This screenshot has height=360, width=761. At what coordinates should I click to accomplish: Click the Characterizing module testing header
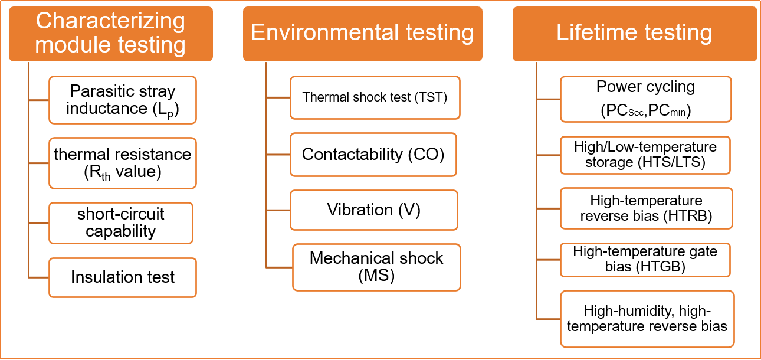click(x=111, y=34)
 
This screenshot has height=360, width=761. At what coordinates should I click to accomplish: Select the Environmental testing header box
click(x=362, y=34)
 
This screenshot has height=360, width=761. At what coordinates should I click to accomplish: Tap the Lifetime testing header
click(x=635, y=34)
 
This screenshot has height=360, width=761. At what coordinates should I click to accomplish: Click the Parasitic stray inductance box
click(x=123, y=100)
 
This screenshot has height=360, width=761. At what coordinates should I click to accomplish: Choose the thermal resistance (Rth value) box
click(x=123, y=163)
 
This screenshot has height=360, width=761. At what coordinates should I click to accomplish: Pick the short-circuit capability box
click(x=121, y=223)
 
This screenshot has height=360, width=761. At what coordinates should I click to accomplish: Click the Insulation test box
click(x=123, y=278)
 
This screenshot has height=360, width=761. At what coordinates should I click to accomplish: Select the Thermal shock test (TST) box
click(x=375, y=97)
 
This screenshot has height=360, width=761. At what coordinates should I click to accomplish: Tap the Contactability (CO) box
click(x=373, y=155)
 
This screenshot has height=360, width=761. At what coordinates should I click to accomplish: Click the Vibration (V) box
click(x=374, y=210)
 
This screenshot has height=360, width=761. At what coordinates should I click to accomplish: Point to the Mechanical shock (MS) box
click(x=376, y=267)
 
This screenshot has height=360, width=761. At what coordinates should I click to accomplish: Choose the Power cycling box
click(x=646, y=99)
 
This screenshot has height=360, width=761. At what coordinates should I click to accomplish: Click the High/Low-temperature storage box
click(x=645, y=155)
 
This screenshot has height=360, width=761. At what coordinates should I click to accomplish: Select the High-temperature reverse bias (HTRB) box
click(x=646, y=208)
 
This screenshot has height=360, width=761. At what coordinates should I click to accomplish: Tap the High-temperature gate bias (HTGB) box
click(x=645, y=260)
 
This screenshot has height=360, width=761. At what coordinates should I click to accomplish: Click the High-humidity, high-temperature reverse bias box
click(x=647, y=319)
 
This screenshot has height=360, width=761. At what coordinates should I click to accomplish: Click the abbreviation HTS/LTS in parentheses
click(x=671, y=162)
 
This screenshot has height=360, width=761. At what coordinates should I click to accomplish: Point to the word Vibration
click(x=360, y=210)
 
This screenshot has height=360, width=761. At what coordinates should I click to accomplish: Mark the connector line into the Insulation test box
click(x=39, y=278)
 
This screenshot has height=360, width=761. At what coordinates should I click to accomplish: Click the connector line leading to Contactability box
click(x=278, y=155)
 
